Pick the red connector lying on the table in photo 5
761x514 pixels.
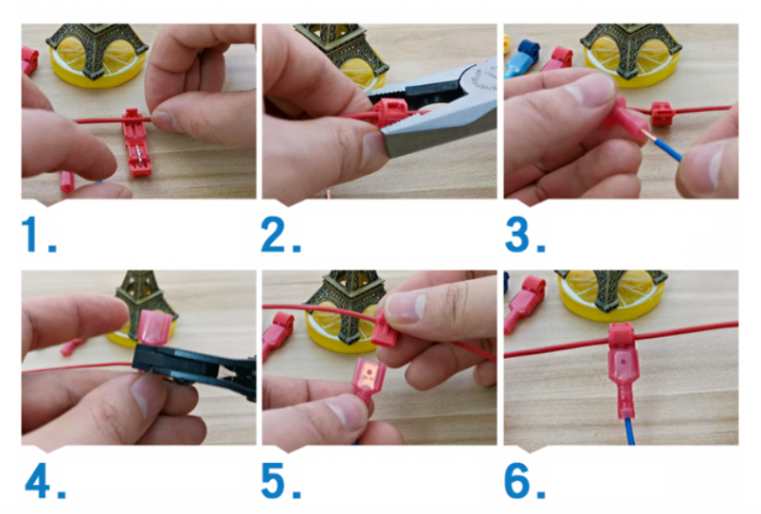pos(278,334)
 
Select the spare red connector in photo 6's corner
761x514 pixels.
pos(526,302)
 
